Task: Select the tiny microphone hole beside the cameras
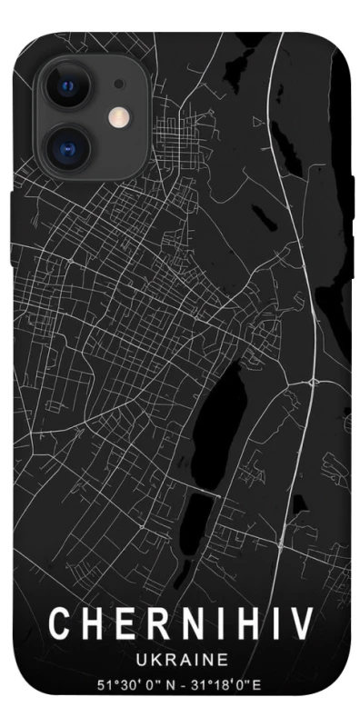(x=119, y=84)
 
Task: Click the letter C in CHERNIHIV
(x=61, y=624)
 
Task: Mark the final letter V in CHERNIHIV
(x=303, y=624)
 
